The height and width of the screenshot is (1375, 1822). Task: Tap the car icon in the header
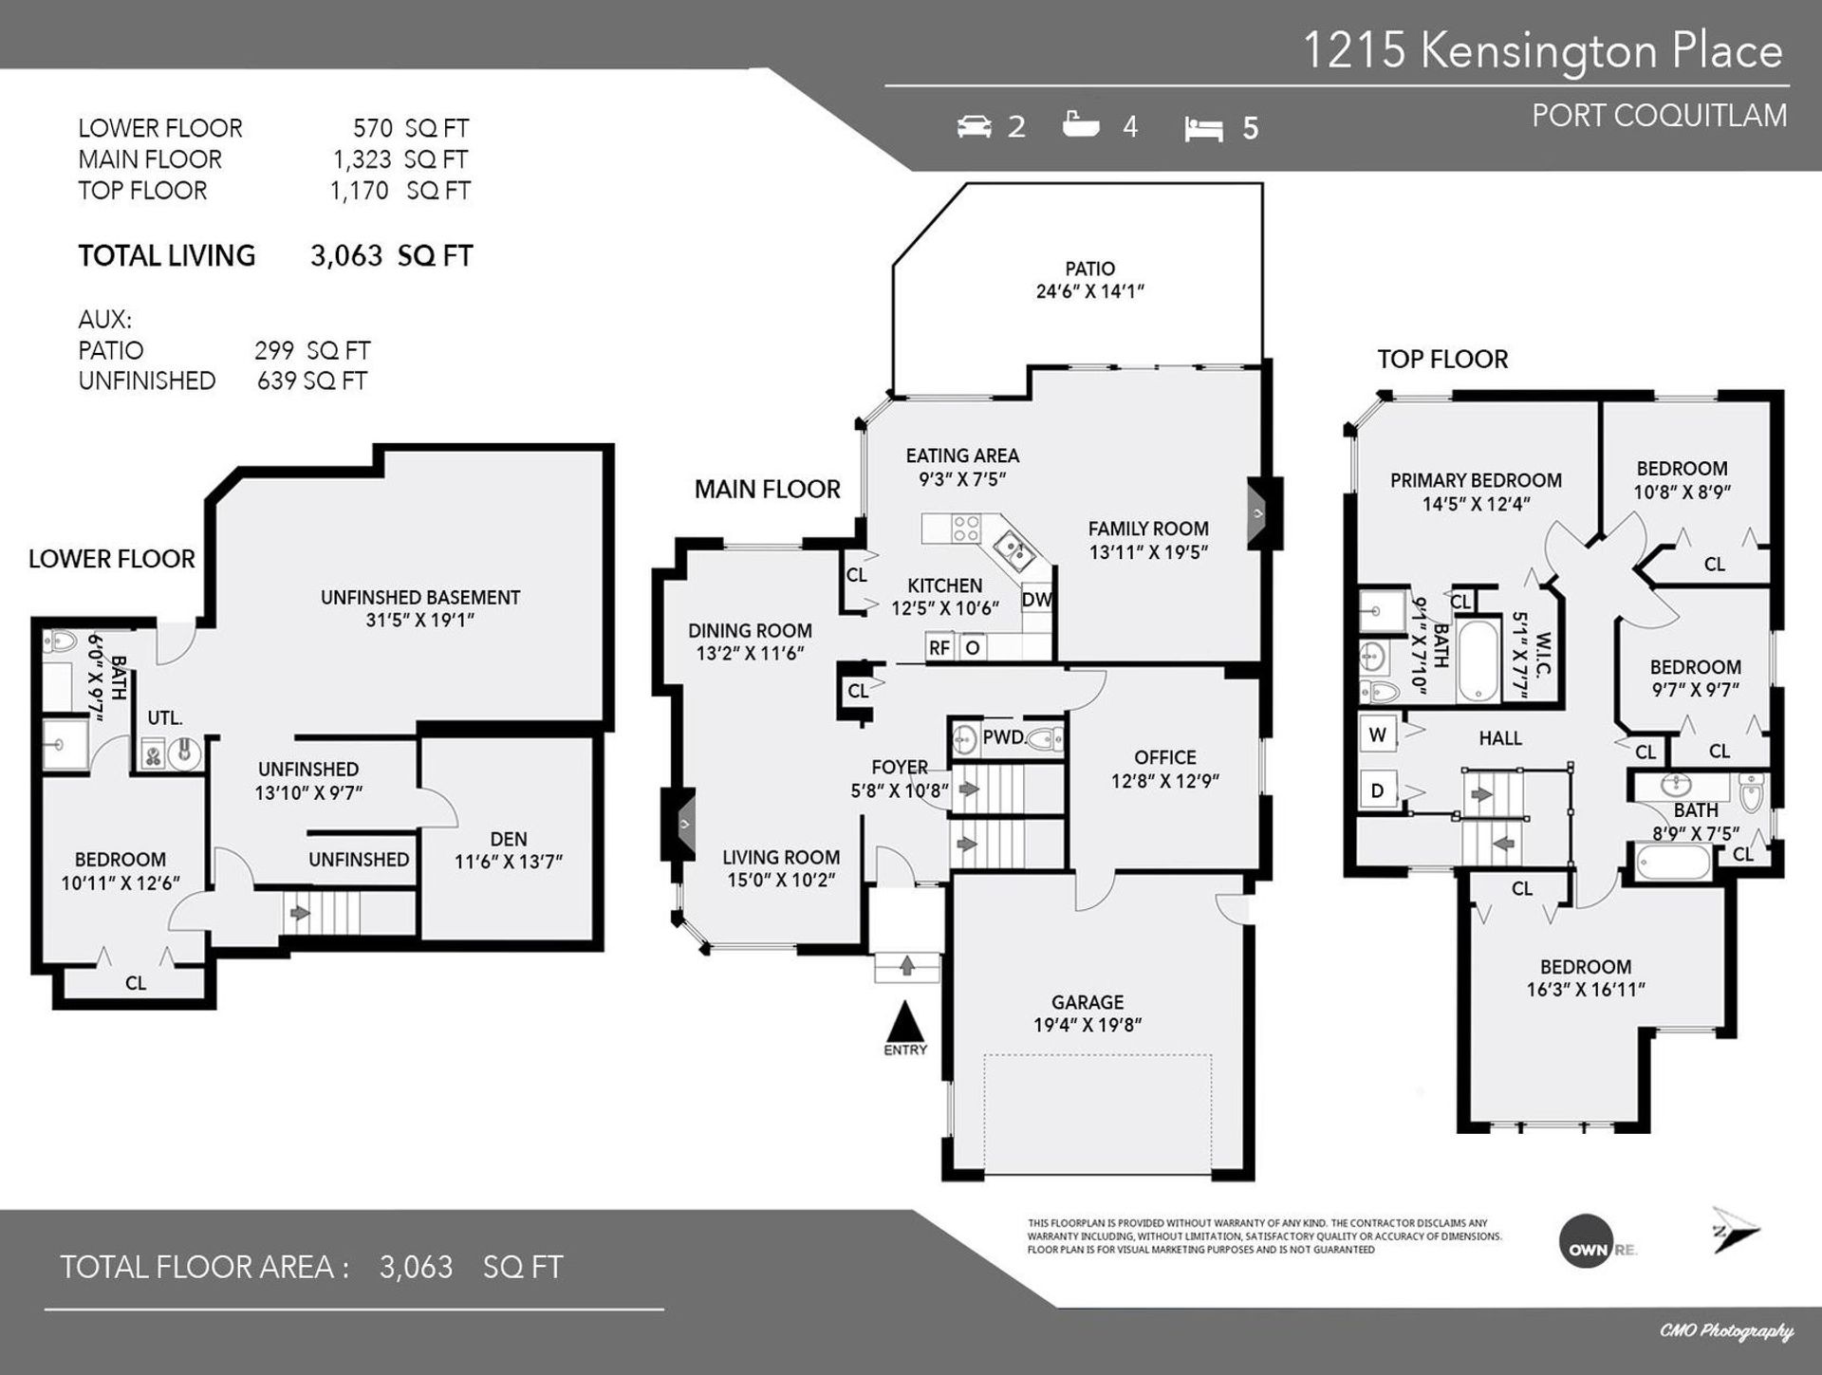[x=974, y=126]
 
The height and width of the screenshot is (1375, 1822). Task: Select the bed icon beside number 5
[x=1203, y=129]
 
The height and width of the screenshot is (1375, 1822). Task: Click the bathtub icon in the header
[x=1081, y=124]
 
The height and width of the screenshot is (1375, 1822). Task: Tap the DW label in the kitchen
[x=1036, y=601]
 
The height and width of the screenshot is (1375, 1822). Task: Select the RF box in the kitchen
[x=939, y=648]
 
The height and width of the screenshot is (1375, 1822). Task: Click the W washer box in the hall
[x=1378, y=734]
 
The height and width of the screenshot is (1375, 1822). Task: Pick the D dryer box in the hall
[x=1378, y=790]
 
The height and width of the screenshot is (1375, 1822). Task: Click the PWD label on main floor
[x=1003, y=736]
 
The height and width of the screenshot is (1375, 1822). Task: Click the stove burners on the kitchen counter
[x=966, y=529]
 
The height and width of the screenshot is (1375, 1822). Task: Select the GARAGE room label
[x=1088, y=1002]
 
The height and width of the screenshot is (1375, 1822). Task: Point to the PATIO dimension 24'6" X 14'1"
[x=1089, y=292]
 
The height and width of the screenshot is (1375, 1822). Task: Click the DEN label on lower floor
[x=509, y=839]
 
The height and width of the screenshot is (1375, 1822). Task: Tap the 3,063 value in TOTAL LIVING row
[x=346, y=255]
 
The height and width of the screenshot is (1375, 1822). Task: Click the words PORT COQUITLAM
[x=1659, y=116]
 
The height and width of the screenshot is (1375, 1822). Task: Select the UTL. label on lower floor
[x=165, y=718]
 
